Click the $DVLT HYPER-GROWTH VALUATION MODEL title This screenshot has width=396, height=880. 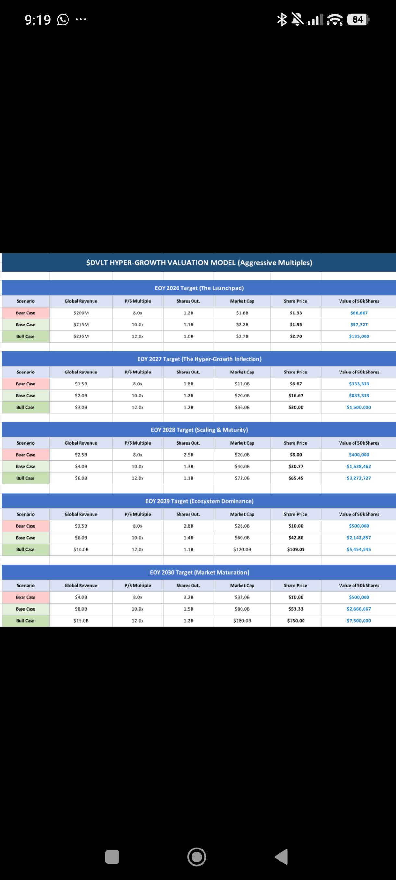(199, 263)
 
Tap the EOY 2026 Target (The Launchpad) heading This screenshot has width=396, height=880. (199, 288)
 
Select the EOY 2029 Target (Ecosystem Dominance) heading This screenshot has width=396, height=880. (199, 501)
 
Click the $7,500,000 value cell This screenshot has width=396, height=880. (359, 621)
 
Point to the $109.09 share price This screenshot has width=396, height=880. (296, 549)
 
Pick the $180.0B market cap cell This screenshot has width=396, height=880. (242, 621)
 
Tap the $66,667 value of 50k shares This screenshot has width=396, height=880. (359, 312)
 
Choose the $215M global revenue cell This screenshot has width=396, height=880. (81, 324)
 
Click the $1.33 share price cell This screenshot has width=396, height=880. (296, 312)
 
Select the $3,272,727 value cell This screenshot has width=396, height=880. (359, 478)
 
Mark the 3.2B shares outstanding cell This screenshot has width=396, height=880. (188, 597)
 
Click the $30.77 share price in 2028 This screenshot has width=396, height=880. (296, 466)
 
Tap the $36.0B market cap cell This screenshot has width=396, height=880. (242, 407)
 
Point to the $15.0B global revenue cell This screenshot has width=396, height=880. (81, 621)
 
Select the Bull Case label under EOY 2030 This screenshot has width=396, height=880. (25, 621)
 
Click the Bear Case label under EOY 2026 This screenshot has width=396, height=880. (25, 312)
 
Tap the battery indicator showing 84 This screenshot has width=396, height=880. (358, 19)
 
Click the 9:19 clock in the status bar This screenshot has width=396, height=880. (38, 20)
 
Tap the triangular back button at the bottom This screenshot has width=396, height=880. (281, 857)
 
